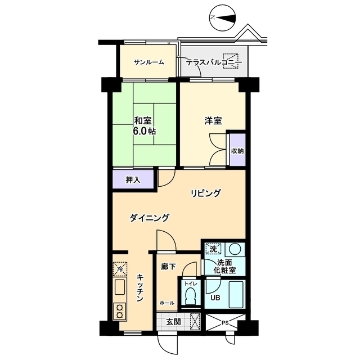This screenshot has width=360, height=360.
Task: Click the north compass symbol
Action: coord(223,17)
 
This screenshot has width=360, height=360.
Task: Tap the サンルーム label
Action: coord(149,62)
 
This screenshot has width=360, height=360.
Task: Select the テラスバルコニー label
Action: coord(214,62)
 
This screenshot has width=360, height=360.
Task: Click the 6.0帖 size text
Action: coord(144,131)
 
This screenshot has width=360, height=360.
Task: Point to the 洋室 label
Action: coord(213,121)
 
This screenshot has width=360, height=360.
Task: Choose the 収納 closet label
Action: coord(237,151)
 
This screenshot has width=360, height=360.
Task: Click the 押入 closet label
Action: coord(133,180)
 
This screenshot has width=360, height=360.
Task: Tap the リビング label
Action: coord(206,193)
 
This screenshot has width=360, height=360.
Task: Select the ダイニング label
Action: coord(150,218)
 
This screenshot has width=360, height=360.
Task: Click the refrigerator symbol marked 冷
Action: coord(120,269)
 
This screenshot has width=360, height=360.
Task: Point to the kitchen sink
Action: coord(119,287)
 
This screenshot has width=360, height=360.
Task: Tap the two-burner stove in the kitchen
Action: coord(119,311)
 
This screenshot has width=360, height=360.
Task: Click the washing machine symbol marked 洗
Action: coord(213,249)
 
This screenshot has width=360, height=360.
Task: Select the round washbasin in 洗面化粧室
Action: coord(235,249)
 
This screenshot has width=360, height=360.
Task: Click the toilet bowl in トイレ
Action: coord(190,296)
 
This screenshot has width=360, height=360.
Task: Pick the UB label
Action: coord(215,298)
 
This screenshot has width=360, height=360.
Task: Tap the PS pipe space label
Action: coord(225,322)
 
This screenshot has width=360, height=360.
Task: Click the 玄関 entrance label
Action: coord(174,322)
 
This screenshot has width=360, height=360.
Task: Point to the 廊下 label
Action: coord(168,267)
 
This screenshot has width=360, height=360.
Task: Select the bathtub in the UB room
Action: coord(237,294)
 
